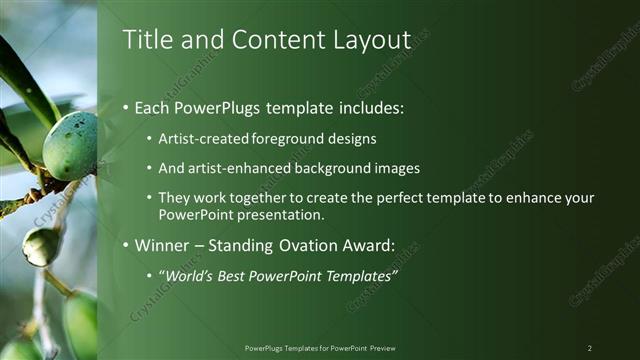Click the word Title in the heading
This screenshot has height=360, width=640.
[144, 40]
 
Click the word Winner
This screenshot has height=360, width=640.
[162, 244]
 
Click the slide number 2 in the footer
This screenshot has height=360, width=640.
[590, 348]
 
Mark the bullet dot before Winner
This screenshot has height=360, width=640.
[125, 245]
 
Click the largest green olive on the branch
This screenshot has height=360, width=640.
[70, 146]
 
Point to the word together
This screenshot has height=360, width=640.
[247, 198]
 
